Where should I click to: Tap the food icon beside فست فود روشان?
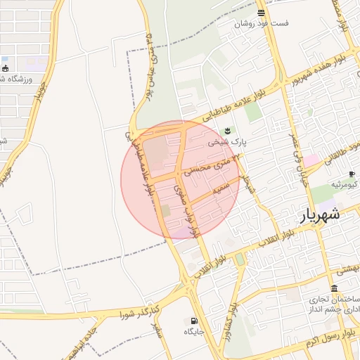(262, 13)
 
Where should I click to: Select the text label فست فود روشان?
(262, 23)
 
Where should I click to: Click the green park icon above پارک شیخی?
(226, 131)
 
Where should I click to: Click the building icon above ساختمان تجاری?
(333, 289)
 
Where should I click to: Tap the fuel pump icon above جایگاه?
(194, 320)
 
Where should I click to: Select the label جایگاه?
(194, 330)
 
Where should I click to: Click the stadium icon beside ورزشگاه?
(6, 69)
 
